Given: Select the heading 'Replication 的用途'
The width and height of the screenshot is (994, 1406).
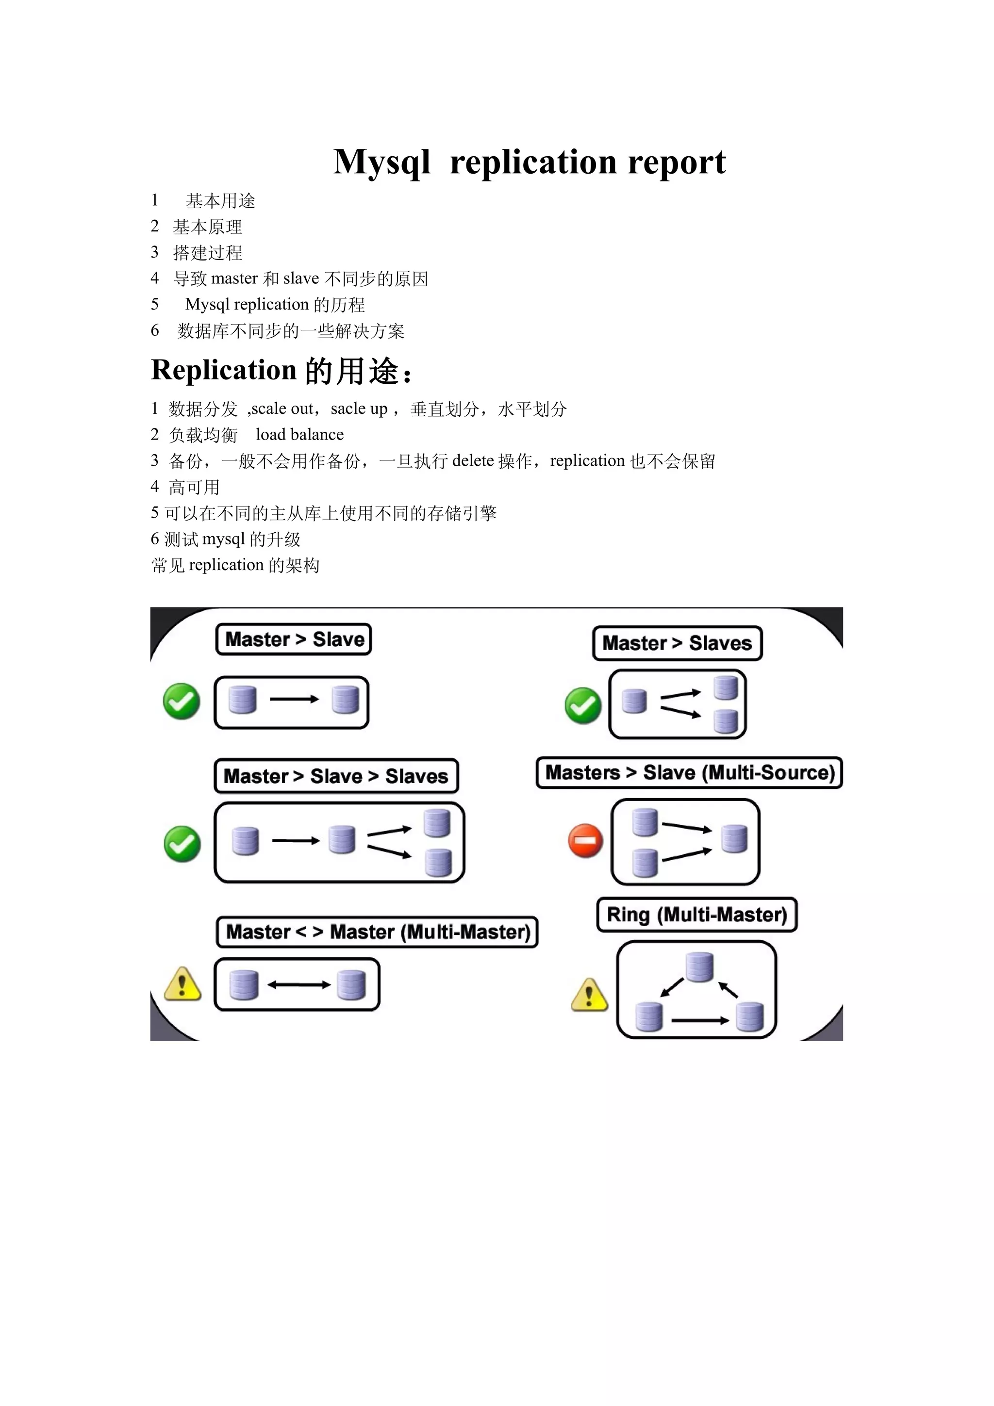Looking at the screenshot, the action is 281,371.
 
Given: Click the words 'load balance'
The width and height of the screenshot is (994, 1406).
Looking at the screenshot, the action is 299,435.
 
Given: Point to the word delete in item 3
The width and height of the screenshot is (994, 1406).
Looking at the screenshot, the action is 472,460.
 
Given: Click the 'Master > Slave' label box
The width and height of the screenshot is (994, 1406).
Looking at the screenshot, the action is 294,639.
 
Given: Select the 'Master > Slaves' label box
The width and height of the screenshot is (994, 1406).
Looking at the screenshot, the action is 677,643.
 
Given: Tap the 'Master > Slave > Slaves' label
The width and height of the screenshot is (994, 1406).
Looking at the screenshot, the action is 335,776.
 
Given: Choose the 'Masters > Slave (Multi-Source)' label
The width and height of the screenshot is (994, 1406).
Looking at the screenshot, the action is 690,773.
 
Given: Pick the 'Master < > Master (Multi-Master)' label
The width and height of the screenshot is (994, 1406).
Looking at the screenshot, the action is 377,932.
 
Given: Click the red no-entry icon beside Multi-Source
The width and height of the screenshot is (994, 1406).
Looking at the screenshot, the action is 585,841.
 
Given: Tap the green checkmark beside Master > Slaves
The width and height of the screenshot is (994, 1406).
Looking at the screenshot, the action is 582,705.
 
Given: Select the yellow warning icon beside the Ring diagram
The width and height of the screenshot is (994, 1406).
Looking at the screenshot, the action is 589,995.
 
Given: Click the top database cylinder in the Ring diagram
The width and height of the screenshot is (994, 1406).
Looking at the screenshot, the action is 699,967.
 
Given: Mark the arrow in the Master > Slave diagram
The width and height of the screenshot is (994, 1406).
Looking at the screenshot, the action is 295,699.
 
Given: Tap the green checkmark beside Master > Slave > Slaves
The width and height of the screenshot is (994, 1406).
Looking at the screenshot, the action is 182,843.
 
